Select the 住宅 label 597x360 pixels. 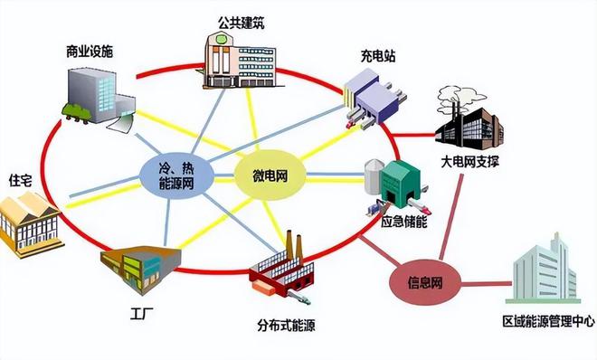pyautogui.click(x=21, y=179)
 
